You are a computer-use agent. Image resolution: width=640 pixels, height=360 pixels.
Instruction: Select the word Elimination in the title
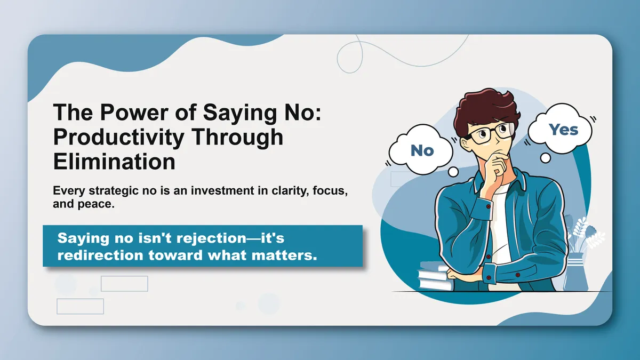[x=114, y=160]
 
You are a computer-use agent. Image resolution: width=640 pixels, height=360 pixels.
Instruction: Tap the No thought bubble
[x=422, y=151]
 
